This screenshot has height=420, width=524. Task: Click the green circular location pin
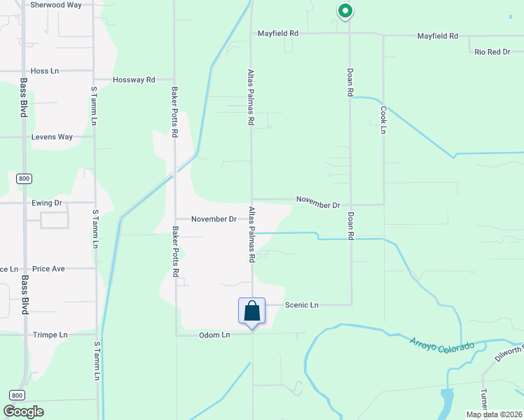[344, 11]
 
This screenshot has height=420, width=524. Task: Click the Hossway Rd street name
[134, 80]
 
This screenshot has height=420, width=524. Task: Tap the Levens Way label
[52, 137]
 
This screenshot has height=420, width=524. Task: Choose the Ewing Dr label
[47, 203]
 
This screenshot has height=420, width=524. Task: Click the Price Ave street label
[48, 269]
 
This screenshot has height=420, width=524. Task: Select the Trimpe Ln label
[50, 335]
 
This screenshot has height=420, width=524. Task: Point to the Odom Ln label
[214, 335]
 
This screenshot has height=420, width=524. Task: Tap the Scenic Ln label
[302, 305]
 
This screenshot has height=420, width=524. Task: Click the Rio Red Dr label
[492, 52]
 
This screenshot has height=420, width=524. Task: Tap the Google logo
[24, 412]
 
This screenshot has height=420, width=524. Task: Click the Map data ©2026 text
[493, 414]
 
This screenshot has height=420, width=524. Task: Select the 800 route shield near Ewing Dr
[25, 179]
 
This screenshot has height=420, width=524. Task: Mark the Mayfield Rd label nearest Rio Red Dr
[437, 36]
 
